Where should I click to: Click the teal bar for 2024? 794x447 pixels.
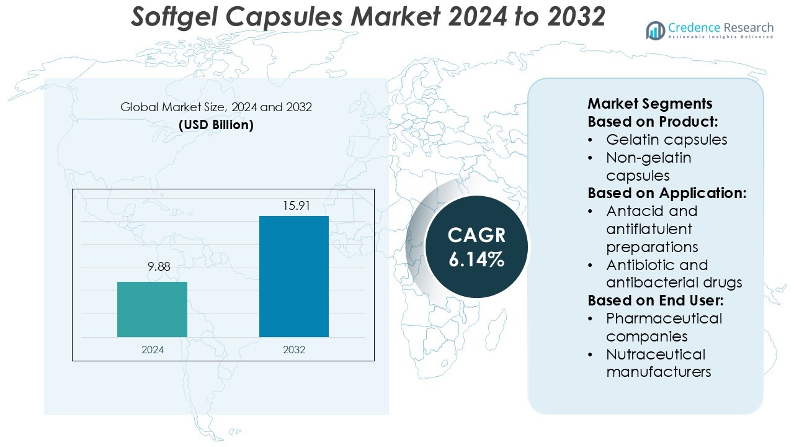click(152, 309)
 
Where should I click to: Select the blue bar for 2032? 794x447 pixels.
click(293, 276)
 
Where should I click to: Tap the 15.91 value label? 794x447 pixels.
click(294, 205)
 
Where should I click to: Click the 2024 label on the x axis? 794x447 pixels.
click(153, 350)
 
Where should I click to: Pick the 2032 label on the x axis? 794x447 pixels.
click(294, 350)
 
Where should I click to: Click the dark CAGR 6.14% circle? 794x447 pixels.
click(476, 246)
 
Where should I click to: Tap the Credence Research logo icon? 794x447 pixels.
click(655, 30)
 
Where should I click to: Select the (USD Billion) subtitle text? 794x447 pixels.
click(216, 125)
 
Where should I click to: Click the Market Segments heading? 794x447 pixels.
click(649, 104)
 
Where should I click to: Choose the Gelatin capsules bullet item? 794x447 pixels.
click(666, 140)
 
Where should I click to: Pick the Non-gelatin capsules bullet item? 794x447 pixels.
click(648, 166)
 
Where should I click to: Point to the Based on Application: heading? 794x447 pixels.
click(667, 193)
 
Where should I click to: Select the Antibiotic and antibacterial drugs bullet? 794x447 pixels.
click(674, 274)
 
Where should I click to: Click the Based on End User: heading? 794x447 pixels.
click(656, 300)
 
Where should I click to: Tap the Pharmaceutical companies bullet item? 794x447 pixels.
click(664, 327)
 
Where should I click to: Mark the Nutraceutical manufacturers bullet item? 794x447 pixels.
click(658, 363)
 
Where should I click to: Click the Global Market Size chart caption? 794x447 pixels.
click(216, 107)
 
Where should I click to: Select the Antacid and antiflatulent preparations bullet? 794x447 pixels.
click(652, 228)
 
